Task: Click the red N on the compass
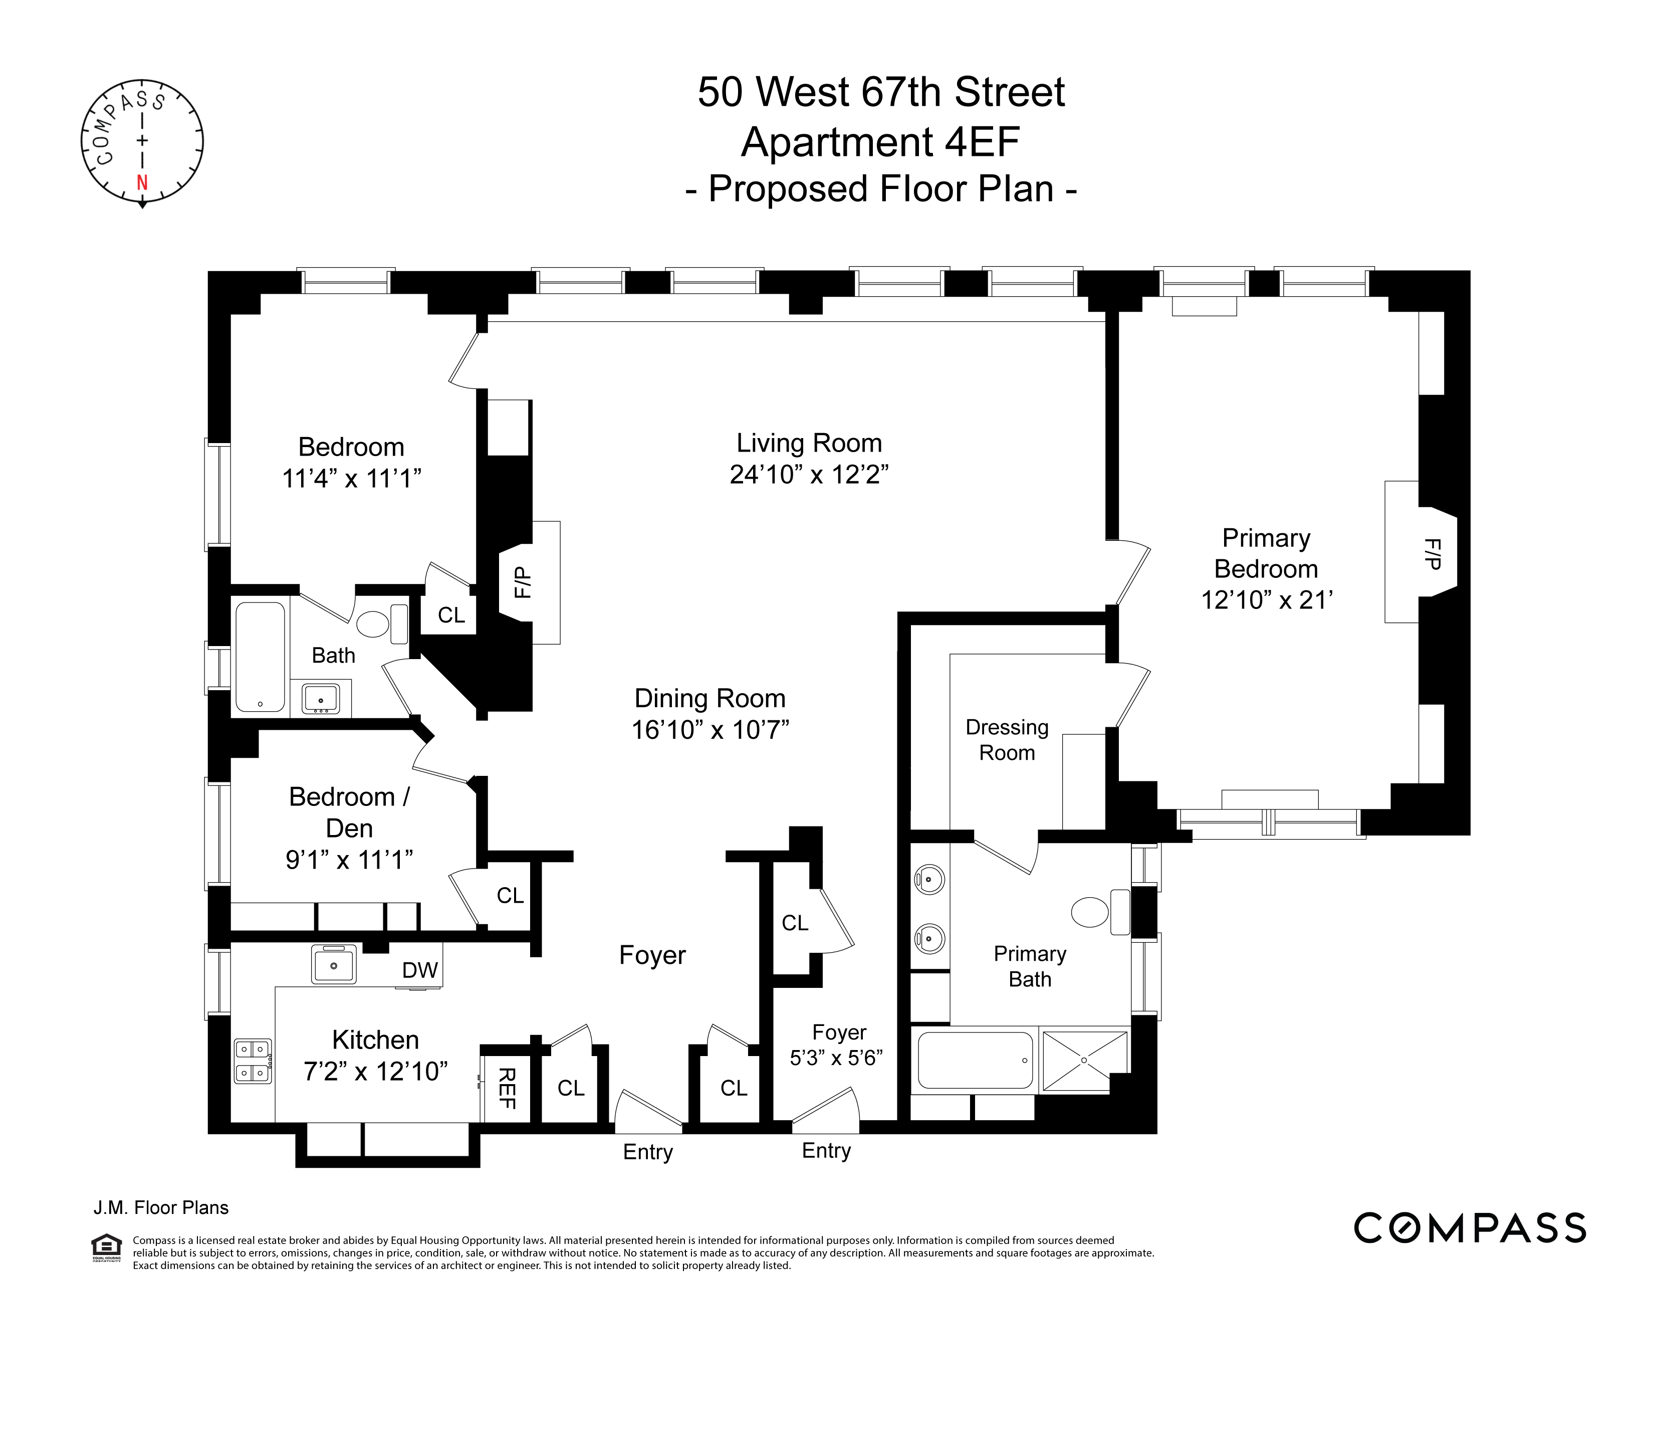(142, 182)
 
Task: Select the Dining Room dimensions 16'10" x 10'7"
(710, 729)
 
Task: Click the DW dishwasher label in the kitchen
(420, 970)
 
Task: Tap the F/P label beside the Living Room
(522, 582)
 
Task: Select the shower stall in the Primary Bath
(1083, 1060)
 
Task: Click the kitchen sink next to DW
(333, 964)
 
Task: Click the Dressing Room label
(1007, 740)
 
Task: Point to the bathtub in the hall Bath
(260, 658)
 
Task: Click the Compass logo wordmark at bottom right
(1469, 1227)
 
